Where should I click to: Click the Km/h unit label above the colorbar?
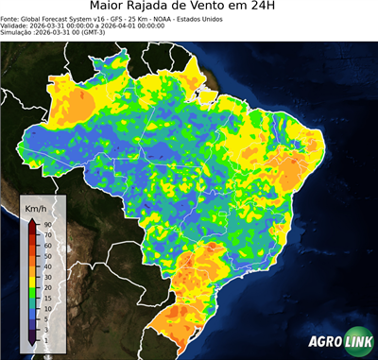point(36,207)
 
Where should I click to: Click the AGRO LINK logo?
point(340,343)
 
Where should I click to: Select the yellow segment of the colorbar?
point(32,271)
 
